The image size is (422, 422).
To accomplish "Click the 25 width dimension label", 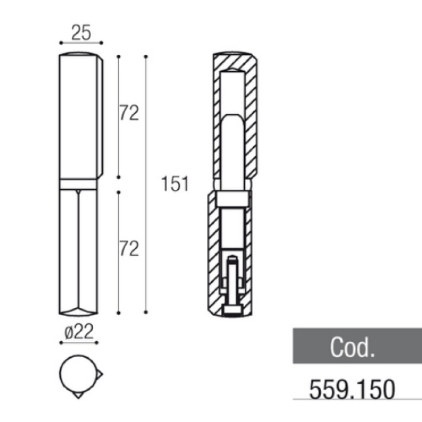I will pos(81,33).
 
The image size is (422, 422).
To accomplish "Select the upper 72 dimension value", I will pos(129,113).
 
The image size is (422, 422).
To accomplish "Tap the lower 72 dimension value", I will pos(129,248).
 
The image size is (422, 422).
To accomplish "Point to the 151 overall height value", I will pos(175,184).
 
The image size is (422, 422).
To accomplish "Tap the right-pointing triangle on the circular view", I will pos(99,374).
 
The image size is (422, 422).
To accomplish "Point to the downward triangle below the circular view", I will pos(79,395).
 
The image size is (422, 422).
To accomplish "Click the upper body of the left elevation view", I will pos(80,116).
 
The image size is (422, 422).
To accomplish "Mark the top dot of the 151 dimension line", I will pos(146,55).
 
